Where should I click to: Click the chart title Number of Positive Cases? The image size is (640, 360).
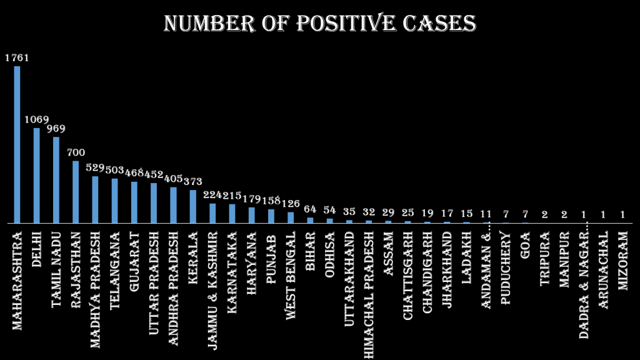(320, 23)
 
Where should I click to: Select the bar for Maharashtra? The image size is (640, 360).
(17, 144)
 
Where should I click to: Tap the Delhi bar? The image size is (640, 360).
(36, 176)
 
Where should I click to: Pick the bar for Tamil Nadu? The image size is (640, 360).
(56, 180)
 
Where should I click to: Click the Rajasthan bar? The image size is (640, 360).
(76, 192)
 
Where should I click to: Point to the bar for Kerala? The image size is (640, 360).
(192, 206)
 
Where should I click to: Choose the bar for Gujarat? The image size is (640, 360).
(134, 202)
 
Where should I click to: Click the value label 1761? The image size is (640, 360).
(17, 58)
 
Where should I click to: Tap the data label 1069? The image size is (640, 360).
(36, 119)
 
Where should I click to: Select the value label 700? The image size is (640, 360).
(76, 152)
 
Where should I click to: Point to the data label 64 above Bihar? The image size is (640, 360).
(310, 209)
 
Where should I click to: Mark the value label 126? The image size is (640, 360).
(291, 204)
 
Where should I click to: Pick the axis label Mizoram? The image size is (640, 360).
(622, 261)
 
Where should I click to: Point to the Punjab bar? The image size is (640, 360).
(271, 216)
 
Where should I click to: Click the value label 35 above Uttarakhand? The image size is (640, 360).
(349, 212)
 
